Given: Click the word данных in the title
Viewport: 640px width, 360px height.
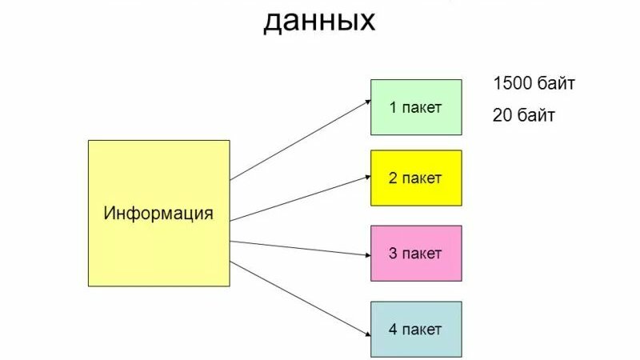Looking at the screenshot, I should [319, 20].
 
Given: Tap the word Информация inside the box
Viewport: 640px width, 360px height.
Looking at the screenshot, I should [158, 214].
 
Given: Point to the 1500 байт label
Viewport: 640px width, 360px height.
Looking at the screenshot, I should [534, 83].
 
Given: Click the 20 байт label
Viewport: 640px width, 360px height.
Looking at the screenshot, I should [524, 115].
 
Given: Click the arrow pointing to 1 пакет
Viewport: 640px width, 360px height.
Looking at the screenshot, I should [300, 140].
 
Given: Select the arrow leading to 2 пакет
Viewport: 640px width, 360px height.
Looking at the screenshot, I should [300, 198].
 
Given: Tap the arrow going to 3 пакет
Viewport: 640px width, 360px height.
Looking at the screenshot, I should [300, 247].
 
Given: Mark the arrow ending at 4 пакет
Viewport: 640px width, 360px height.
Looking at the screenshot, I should [300, 294].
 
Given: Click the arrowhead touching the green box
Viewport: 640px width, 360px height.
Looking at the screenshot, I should [367, 102].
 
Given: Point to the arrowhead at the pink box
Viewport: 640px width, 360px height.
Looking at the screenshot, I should [366, 255].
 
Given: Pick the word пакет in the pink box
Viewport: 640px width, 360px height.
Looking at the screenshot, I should [424, 254].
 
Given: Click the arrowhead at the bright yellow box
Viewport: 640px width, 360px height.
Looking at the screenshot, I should [366, 177].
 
